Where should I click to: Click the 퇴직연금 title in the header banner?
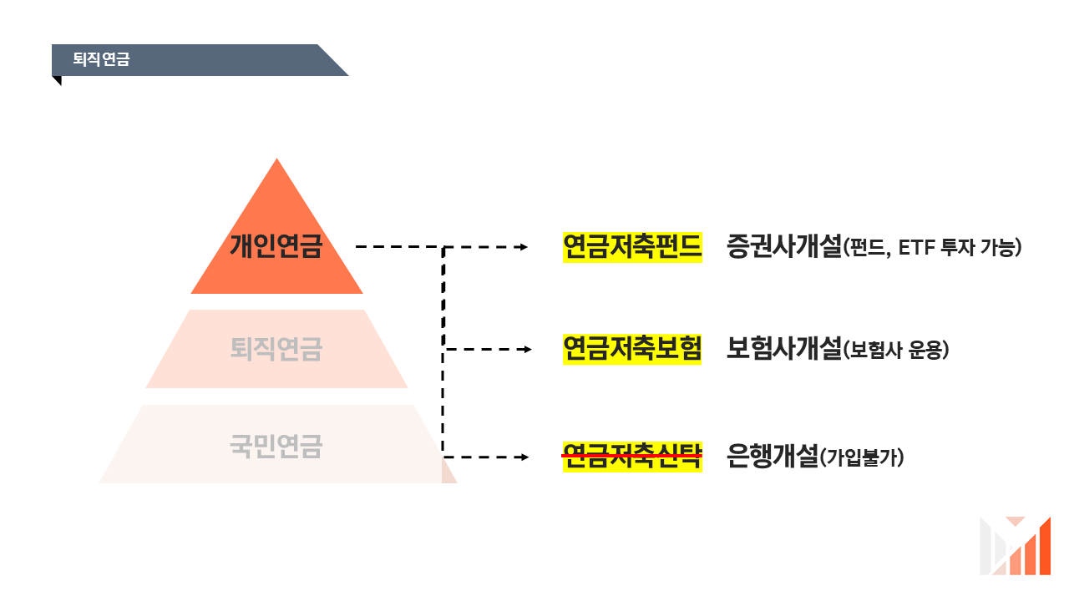coord(101,60)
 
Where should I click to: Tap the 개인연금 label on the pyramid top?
coord(276,247)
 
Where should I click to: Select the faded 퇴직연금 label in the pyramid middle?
coord(276,349)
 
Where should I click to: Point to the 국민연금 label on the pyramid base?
coord(276,447)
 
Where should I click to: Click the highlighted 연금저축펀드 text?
coord(632,247)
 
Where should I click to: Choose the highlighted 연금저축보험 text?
coord(632,349)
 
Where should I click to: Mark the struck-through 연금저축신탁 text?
coord(632,456)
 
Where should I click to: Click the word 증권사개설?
coord(783,247)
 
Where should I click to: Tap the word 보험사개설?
coord(783,349)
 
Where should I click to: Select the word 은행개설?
coord(772,456)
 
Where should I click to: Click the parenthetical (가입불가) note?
coord(863,457)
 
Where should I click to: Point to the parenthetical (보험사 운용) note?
coord(896,351)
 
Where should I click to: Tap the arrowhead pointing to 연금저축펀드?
coord(524,247)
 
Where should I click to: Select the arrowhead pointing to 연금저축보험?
coord(526,350)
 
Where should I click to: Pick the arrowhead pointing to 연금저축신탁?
coord(524,457)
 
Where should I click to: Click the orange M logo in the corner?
coord(1015,546)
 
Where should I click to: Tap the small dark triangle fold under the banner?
coord(57,80)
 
